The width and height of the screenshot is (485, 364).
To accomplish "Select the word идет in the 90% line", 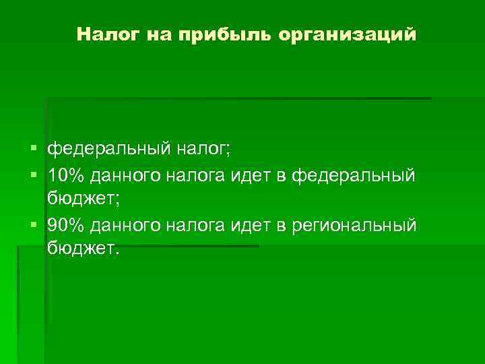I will pyautogui.click(x=250, y=224).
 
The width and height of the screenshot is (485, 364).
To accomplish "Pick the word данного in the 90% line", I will pyautogui.click(x=127, y=224).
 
